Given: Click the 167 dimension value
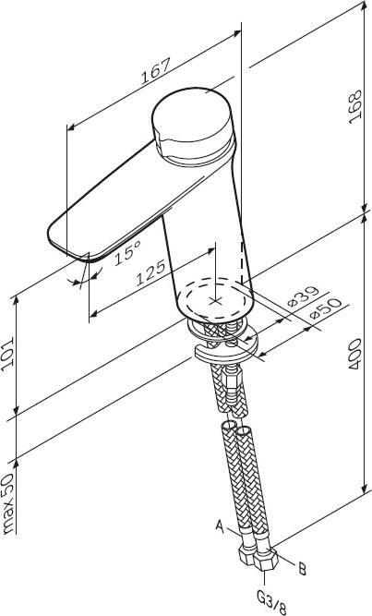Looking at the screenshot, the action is pos(156,71).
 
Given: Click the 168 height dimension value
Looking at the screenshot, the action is pos(354,107).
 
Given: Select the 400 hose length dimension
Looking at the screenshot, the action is pos(354,354).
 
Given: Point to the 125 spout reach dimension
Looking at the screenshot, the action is pos(150,272).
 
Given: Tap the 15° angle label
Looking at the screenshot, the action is pos(128,253).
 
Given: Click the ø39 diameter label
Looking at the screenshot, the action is pos(304,296).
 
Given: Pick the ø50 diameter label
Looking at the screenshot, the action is pos(326,309).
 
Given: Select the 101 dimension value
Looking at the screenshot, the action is pos(7,352).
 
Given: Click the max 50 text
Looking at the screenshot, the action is pos(8,503).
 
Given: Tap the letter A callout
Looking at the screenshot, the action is pos(220,526).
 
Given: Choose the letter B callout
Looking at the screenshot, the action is pos(302,569).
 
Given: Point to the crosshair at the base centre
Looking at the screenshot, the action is pos(215,301).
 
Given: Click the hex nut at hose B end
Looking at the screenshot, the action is pos(266,561).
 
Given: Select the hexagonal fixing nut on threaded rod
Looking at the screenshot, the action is pos(231,382).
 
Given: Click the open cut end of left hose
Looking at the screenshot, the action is pos(228,426).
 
